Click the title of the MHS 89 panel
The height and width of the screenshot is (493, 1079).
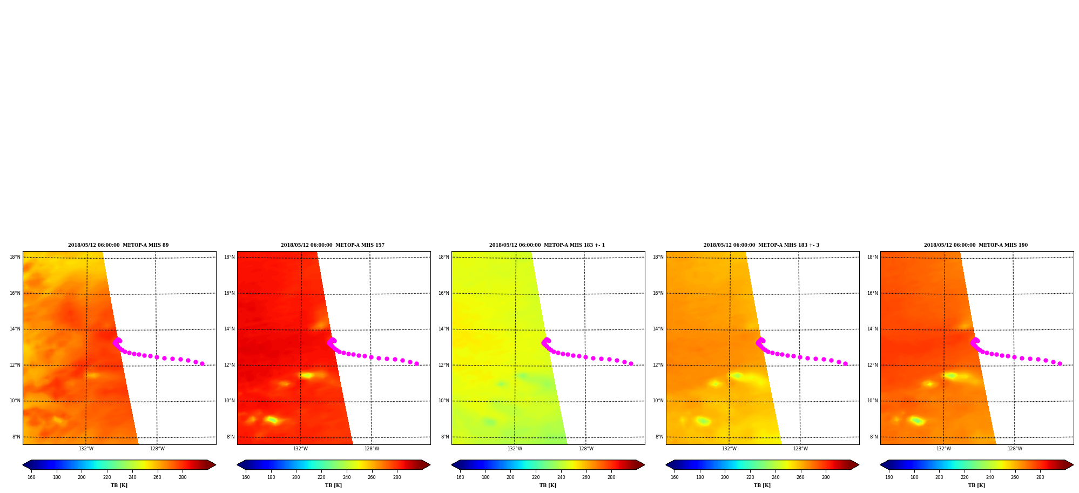pos(118,245)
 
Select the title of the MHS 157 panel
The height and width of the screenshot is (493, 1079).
pos(333,245)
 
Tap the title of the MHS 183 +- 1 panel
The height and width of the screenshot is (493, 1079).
pos(547,245)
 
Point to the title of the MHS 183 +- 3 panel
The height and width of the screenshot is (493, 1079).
pos(761,245)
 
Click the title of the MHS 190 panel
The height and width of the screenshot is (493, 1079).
pos(976,245)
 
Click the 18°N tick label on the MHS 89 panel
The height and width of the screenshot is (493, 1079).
pos(15,257)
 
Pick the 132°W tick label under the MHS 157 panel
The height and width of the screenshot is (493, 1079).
pos(300,449)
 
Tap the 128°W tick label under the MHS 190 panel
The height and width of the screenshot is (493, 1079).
pos(1015,449)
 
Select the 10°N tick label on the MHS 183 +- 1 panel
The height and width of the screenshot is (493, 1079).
pos(443,401)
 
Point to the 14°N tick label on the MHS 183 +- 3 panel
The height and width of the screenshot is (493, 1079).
pos(658,329)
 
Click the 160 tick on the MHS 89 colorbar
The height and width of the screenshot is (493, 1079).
pos(31,477)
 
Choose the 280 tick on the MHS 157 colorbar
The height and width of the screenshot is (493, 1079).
pos(397,477)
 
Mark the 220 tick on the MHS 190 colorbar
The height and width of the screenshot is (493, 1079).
pos(965,477)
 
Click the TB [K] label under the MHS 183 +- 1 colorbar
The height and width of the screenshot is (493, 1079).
pos(548,485)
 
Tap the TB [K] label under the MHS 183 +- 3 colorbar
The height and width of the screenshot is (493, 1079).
pos(762,485)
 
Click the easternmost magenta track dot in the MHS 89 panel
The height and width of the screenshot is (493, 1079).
pos(202,363)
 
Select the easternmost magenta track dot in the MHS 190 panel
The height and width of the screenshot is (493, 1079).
pos(1060,363)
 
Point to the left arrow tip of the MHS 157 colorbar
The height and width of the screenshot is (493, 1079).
pos(237,465)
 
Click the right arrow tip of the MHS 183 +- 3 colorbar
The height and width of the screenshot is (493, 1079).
pos(859,465)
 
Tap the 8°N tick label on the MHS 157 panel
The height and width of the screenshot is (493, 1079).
pos(231,437)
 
